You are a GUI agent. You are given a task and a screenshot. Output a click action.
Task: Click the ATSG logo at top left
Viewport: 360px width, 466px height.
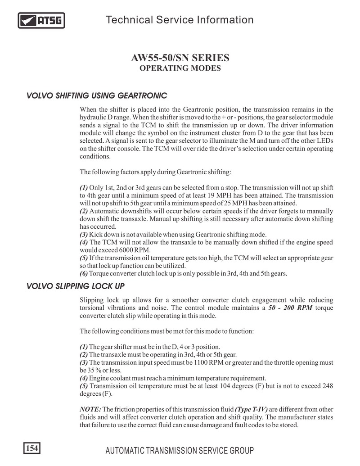point(41,20)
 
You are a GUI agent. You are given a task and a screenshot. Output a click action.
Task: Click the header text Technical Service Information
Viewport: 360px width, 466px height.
point(179,20)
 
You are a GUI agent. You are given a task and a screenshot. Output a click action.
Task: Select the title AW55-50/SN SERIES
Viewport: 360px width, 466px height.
point(180,58)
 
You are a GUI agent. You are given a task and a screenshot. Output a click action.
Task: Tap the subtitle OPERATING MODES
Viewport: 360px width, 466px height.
point(180,68)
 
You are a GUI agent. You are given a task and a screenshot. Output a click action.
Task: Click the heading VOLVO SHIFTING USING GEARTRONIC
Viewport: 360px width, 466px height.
point(97,96)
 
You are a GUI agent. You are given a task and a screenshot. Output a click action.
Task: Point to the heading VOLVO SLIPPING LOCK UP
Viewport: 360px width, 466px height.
point(75,286)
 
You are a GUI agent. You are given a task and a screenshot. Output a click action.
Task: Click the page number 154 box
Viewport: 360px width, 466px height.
point(31,448)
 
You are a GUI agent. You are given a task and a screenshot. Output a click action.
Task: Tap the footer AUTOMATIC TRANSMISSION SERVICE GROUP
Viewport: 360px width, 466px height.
point(179,451)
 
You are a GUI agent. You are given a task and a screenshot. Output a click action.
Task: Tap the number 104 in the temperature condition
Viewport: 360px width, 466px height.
point(213,386)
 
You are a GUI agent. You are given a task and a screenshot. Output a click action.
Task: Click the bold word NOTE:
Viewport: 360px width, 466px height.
point(90,409)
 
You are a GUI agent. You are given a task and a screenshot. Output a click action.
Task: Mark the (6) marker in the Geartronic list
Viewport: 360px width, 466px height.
point(84,273)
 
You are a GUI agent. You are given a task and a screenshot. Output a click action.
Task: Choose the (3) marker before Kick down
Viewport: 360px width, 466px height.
point(84,234)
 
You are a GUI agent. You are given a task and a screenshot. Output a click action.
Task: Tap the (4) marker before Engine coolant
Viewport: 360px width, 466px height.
point(84,378)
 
